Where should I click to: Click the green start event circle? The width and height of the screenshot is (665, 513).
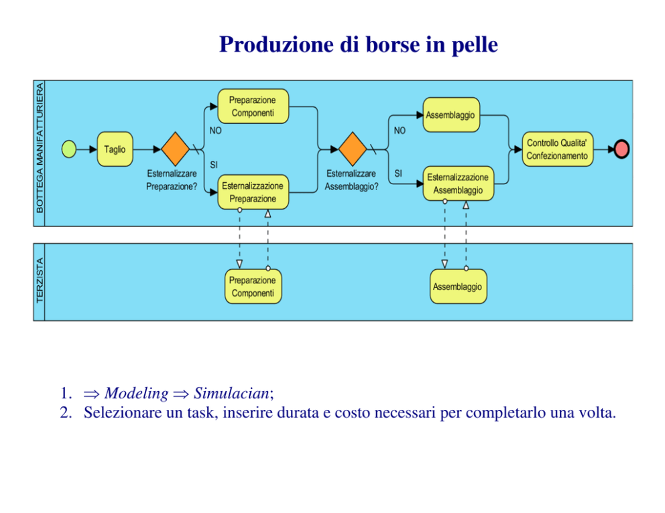pos(69,149)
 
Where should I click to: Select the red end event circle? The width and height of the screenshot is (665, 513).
pos(621,149)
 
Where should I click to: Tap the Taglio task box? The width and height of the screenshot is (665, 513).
pos(115,149)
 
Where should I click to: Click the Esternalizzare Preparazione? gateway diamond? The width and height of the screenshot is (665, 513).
pos(175,149)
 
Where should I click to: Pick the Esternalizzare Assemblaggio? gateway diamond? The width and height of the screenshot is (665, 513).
pos(352,149)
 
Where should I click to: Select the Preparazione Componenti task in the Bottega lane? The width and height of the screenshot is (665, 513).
pos(253,106)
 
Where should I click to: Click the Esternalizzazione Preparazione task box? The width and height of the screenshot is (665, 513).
pos(253,192)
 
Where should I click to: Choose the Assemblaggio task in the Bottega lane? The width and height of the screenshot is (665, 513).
pos(450,115)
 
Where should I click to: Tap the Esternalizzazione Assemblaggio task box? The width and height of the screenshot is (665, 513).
pos(458,184)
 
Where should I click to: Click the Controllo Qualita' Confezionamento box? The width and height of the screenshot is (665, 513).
pos(557,149)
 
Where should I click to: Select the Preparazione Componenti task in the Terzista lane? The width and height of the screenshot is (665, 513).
pos(253,287)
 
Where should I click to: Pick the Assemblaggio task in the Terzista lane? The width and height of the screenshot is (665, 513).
pos(458,287)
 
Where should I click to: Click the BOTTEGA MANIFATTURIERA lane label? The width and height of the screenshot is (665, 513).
pos(39,147)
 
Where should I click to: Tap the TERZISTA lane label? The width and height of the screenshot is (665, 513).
pos(39,281)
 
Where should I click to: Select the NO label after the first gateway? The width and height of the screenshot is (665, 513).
pos(215,131)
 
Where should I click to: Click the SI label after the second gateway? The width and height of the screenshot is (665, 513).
pos(398,173)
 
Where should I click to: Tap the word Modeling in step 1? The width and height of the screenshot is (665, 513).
pos(136,393)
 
